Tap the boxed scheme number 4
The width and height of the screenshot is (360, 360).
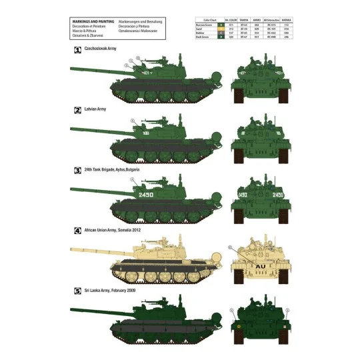77,230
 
